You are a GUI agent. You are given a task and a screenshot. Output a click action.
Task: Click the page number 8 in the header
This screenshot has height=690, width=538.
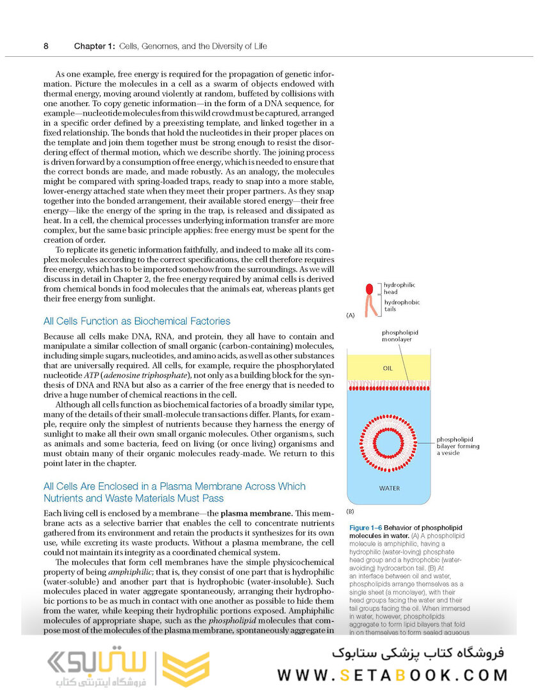pyautogui.click(x=46, y=46)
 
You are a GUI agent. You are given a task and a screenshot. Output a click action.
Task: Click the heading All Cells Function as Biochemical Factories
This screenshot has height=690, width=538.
pyautogui.click(x=137, y=321)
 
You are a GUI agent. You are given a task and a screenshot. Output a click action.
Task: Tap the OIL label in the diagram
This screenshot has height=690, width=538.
pyautogui.click(x=387, y=369)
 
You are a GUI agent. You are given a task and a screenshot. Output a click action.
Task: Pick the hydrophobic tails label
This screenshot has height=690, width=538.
pyautogui.click(x=402, y=306)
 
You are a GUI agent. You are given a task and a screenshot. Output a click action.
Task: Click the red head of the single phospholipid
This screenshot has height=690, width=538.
pyautogui.click(x=368, y=289)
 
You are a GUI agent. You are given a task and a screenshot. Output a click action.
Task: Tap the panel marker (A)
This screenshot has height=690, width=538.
pyautogui.click(x=350, y=315)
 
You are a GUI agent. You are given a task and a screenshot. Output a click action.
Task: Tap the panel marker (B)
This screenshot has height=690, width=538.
pyautogui.click(x=350, y=512)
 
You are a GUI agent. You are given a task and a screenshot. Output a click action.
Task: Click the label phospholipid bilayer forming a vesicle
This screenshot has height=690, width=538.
pyautogui.click(x=458, y=446)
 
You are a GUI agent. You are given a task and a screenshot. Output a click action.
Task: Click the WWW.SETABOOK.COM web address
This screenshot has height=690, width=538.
pyautogui.click(x=392, y=674)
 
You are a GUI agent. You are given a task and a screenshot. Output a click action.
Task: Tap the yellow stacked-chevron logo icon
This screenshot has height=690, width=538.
pyautogui.click(x=186, y=668)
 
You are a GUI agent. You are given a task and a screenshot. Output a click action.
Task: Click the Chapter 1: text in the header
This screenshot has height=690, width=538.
pyautogui.click(x=95, y=46)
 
